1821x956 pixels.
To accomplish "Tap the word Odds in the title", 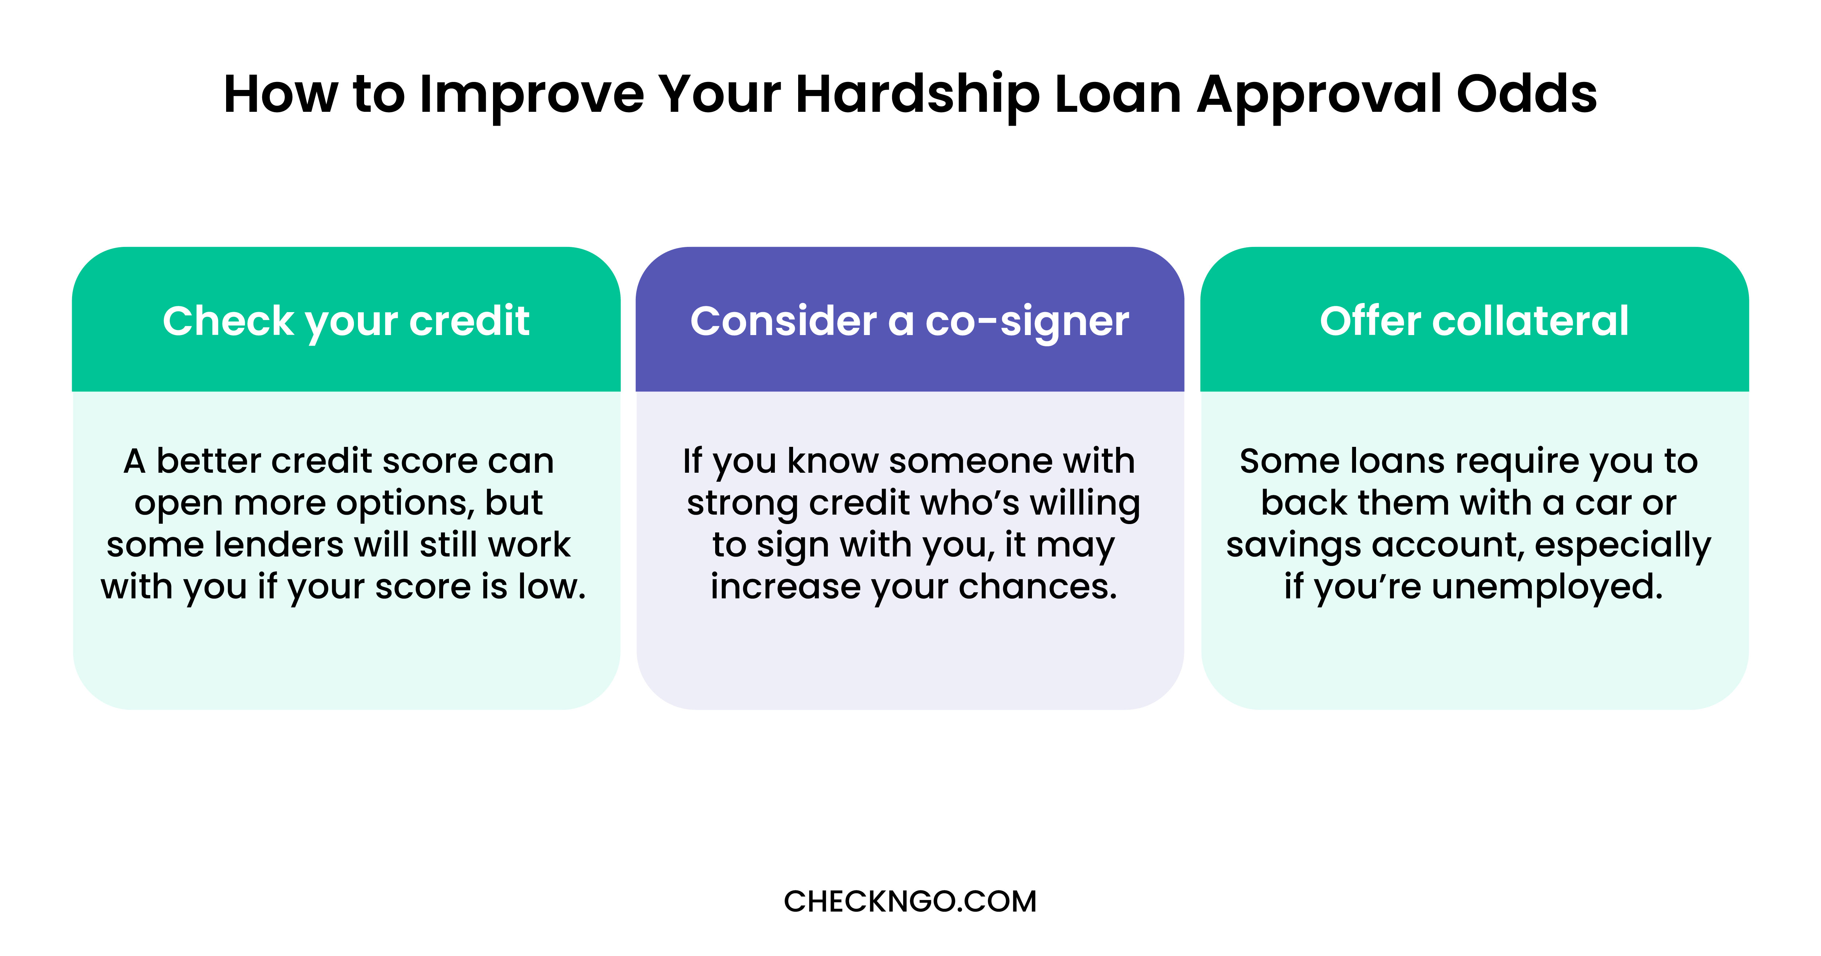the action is point(1527,94).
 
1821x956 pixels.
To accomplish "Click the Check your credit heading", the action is point(346,322).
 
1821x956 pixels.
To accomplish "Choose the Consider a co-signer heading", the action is point(910,322).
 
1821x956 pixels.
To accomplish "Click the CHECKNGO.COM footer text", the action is point(910,901).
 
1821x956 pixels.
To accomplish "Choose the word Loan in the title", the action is point(1118,94).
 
